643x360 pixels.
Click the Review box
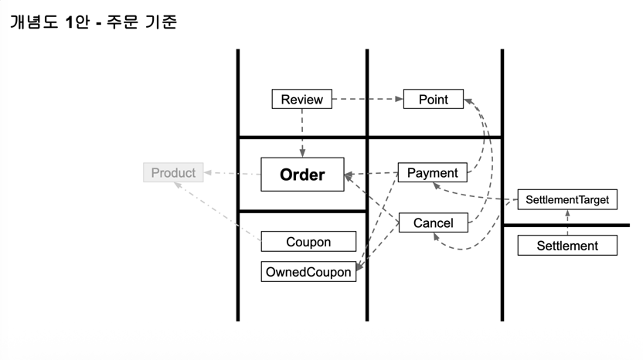tap(301, 100)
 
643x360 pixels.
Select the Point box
tap(433, 100)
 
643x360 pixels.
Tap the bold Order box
tap(302, 175)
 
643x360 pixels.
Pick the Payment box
tap(432, 173)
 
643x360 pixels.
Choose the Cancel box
tap(433, 223)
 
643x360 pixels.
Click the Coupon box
tap(308, 242)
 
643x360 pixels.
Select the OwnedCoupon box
tap(308, 272)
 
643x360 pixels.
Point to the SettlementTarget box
tap(566, 200)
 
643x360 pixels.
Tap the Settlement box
tap(567, 246)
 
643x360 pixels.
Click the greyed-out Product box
tap(173, 173)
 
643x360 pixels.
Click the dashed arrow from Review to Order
tap(302, 131)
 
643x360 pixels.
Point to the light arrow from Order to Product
tap(233, 173)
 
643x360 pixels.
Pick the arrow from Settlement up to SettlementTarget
tap(567, 223)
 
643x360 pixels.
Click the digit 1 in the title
tap(70, 22)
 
